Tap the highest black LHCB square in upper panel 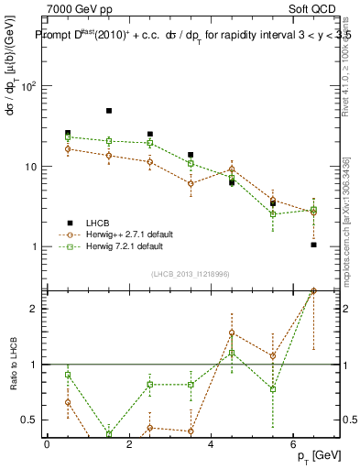coord(109,111)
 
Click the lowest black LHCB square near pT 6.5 coord(313,245)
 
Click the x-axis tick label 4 coord(211,442)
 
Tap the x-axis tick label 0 coord(47,442)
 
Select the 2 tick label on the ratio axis coord(36,309)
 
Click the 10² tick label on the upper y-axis coord(29,86)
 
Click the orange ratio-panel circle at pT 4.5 coord(232,333)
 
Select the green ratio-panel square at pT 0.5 coord(68,374)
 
